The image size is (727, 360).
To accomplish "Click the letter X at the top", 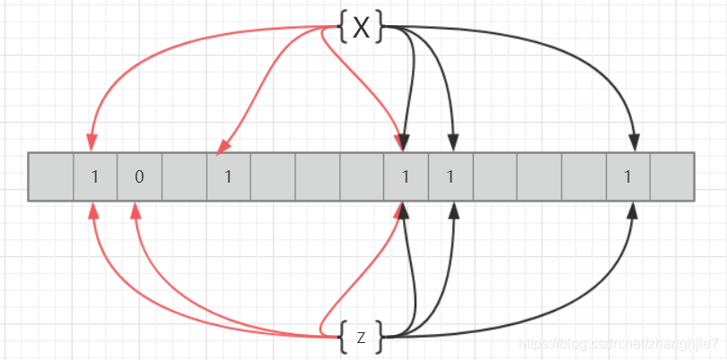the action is coord(362,28).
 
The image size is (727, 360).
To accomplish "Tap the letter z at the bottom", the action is coord(361,338).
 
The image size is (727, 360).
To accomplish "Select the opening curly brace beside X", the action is coord(342,28).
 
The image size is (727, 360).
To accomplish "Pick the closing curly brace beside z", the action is coord(380,338).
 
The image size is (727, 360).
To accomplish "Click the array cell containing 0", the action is coord(139,176).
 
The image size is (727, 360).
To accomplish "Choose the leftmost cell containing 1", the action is coord(95,176).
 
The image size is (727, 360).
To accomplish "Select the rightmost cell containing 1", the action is coord(629,176).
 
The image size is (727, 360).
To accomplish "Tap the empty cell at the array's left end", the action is coord(51,176).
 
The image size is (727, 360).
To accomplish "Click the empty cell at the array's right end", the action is coord(672,176).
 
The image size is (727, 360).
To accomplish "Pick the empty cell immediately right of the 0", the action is coord(184,176).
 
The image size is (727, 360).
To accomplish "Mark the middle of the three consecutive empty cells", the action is coord(317,176).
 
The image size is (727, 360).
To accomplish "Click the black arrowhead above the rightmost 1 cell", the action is coord(634,143).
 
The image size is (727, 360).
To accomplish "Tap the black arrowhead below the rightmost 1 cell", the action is coord(634,210).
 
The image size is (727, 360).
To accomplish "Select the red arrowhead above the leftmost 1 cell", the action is coord(91,143).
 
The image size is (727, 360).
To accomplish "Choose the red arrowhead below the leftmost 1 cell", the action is coord(92,210).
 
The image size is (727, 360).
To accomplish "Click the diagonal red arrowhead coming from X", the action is coord(223,145).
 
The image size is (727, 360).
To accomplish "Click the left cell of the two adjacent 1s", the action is coord(406,176).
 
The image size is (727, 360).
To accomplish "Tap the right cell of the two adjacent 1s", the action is coord(450,176).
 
